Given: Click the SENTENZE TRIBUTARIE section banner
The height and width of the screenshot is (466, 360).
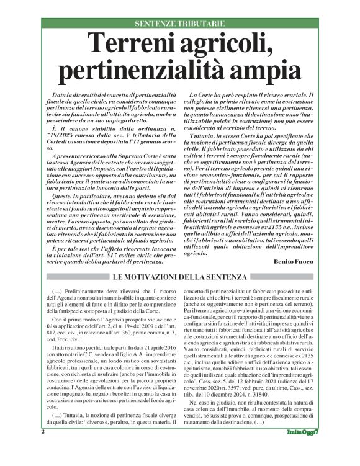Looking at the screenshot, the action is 179,23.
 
